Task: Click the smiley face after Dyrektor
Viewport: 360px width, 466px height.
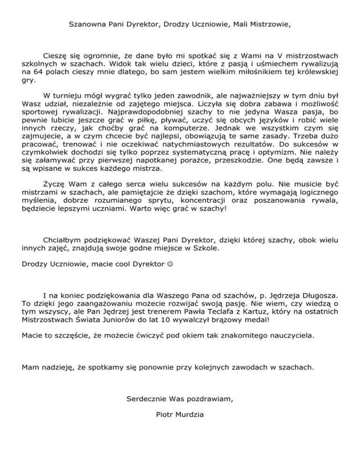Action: pyautogui.click(x=162, y=263)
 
